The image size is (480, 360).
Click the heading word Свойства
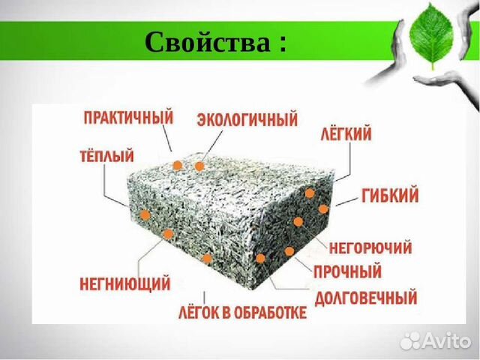pos(208,42)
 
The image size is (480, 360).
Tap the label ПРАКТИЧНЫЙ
pos(128,118)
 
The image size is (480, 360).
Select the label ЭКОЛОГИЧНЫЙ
pos(247,119)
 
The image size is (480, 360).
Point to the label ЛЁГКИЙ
pos(346,133)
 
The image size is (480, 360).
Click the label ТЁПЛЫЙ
pos(106,155)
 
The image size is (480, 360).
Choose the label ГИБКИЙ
pos(390,195)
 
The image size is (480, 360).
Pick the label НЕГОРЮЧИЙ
pos(370,247)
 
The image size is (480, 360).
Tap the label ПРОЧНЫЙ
pos(348,271)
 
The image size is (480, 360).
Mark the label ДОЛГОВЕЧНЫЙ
pos(366,298)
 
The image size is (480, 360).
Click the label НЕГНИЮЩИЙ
pos(125,283)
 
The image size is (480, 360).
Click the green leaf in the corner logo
pos(431,35)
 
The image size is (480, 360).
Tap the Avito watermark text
pos(447,340)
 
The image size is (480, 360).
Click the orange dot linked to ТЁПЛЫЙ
pos(145,215)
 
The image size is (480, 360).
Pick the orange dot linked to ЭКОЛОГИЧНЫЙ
pos(199,166)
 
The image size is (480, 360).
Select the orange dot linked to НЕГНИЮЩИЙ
pos(168,234)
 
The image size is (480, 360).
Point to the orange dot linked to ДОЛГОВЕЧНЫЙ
pos(260,258)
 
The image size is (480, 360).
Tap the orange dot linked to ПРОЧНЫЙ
pos(289,252)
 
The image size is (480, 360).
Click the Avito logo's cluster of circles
pos(411,340)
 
